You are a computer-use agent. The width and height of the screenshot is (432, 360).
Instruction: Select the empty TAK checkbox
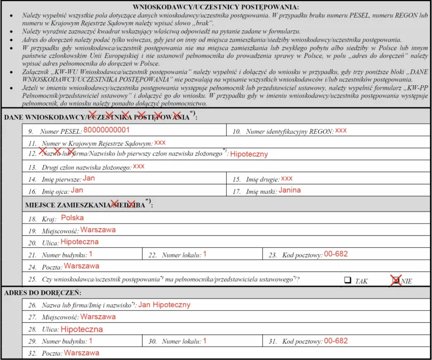(348, 280)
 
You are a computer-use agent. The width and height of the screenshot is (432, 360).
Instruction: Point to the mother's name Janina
(289, 190)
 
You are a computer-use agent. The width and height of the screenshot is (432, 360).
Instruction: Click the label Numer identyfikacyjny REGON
(289, 131)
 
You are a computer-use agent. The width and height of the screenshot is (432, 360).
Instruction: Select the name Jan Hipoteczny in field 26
(164, 304)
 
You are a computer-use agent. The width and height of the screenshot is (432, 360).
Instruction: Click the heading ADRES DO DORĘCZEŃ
(43, 293)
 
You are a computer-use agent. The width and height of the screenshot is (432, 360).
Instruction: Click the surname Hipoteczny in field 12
(249, 154)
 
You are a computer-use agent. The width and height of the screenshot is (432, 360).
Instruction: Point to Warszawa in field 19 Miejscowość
(98, 229)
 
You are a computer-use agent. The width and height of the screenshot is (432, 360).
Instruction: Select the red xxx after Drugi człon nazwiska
(139, 166)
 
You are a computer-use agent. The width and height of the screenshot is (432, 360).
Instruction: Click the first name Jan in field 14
(89, 178)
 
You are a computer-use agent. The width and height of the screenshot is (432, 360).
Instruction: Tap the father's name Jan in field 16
(77, 190)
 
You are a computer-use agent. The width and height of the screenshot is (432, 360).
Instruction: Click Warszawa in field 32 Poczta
(82, 353)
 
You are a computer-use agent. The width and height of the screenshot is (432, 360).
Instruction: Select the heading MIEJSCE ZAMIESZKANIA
(67, 205)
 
